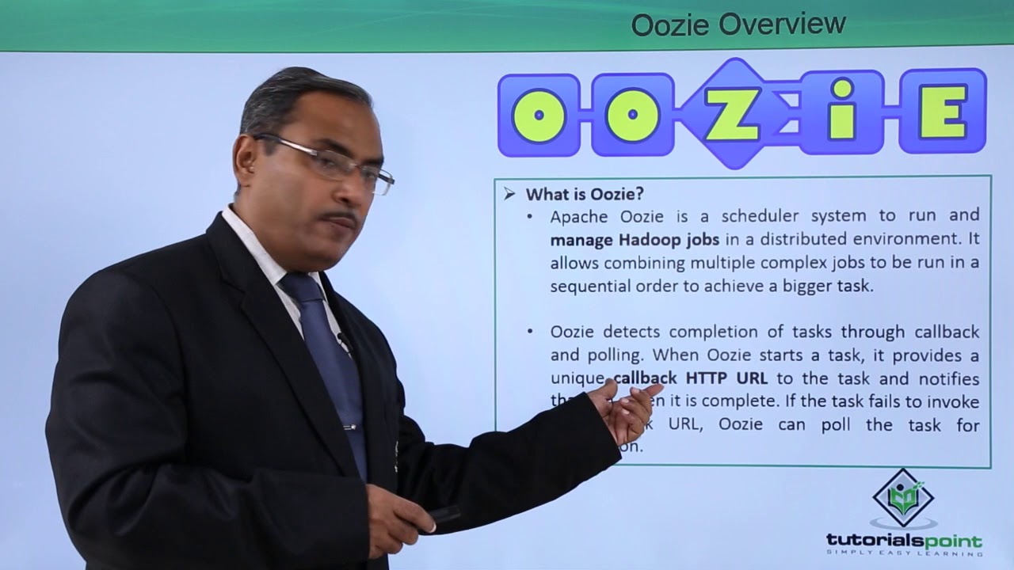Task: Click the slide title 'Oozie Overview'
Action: pyautogui.click(x=738, y=25)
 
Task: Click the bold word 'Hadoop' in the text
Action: pyautogui.click(x=663, y=239)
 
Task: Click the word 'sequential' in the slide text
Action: pyautogui.click(x=587, y=286)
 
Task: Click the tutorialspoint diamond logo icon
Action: pyautogui.click(x=903, y=497)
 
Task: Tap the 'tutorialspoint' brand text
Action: pyautogui.click(x=903, y=541)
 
